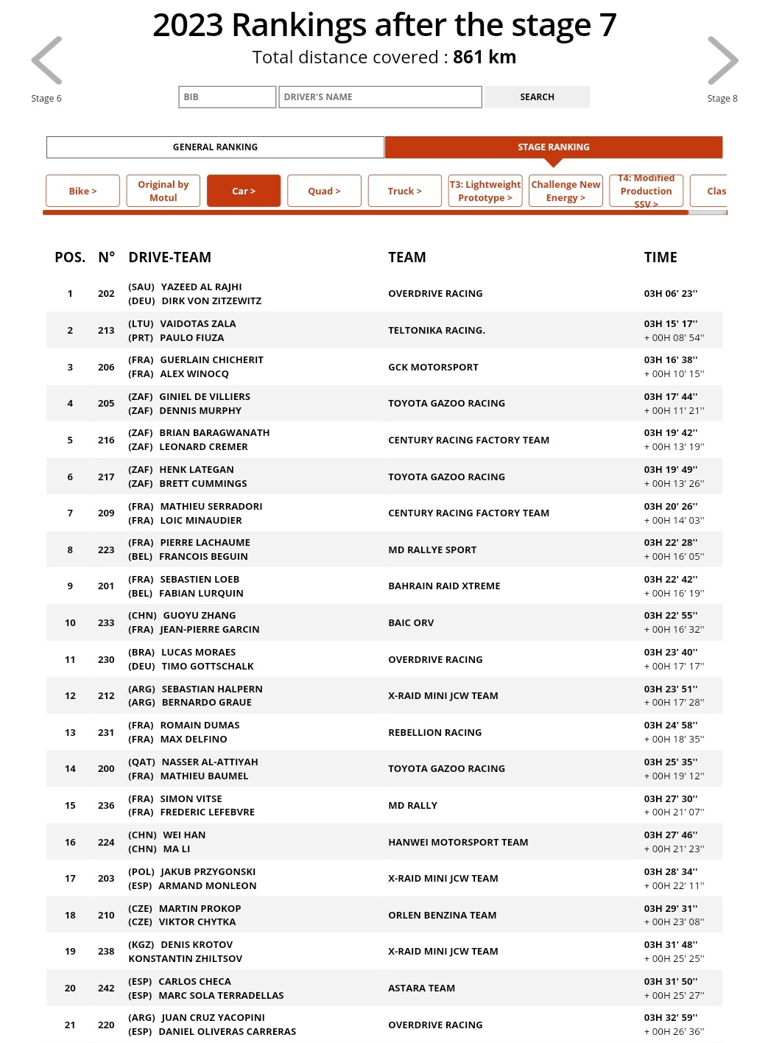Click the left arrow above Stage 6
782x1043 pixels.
(x=46, y=60)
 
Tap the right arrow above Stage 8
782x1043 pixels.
(x=722, y=60)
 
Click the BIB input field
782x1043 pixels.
(x=227, y=97)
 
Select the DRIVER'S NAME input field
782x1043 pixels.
(x=380, y=97)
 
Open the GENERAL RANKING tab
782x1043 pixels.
(x=215, y=147)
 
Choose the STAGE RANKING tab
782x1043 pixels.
(x=553, y=147)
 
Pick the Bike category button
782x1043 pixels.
(x=82, y=191)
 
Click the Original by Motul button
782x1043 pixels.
(x=163, y=191)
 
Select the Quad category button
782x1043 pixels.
(x=324, y=191)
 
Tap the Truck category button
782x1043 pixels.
(x=404, y=191)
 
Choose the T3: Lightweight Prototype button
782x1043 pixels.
(x=485, y=191)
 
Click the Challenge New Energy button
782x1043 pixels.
(x=566, y=191)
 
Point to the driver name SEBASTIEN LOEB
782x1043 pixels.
(x=200, y=580)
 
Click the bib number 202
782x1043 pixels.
(x=106, y=294)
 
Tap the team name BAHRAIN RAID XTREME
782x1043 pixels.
(x=444, y=586)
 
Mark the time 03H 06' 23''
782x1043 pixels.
(x=670, y=294)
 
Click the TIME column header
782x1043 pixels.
(x=660, y=257)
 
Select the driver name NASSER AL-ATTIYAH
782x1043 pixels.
(x=209, y=762)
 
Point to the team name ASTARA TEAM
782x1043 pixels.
(x=421, y=988)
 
